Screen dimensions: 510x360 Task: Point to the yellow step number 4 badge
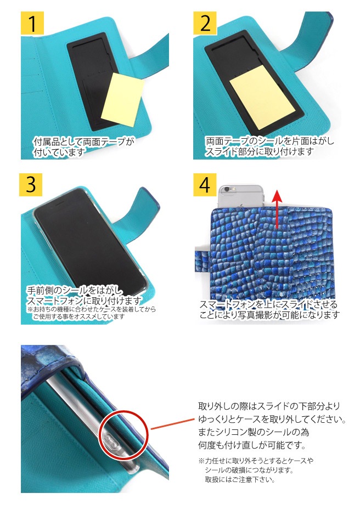[x=205, y=184]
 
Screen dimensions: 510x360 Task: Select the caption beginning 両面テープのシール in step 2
[x=269, y=141]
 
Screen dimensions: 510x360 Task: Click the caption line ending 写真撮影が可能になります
[x=269, y=315]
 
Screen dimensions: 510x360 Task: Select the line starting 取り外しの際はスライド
[x=269, y=406]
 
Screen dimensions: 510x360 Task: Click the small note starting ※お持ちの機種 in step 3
[x=91, y=309]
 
